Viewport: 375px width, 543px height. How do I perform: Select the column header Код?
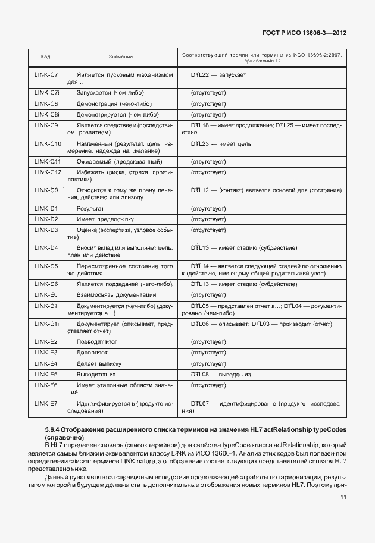[x=45, y=57]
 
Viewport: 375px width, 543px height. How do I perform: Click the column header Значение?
[x=121, y=57]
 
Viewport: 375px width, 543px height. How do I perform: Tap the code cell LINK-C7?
[x=46, y=75]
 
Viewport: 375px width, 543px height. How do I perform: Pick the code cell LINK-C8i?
[x=46, y=114]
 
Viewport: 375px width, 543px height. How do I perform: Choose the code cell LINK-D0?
[x=46, y=190]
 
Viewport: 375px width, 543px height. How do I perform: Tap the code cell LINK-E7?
[x=46, y=403]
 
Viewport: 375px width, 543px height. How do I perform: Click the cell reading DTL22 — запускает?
[x=218, y=75]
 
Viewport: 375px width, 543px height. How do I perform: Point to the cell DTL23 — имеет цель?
[x=217, y=144]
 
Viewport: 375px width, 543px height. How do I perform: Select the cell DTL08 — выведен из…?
[x=223, y=375]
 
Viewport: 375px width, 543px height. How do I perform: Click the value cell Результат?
[x=90, y=209]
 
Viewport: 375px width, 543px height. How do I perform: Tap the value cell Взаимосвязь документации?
[x=117, y=295]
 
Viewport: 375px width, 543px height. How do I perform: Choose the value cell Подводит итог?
[x=97, y=343]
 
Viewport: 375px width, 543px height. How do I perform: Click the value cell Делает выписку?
[x=99, y=363]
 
